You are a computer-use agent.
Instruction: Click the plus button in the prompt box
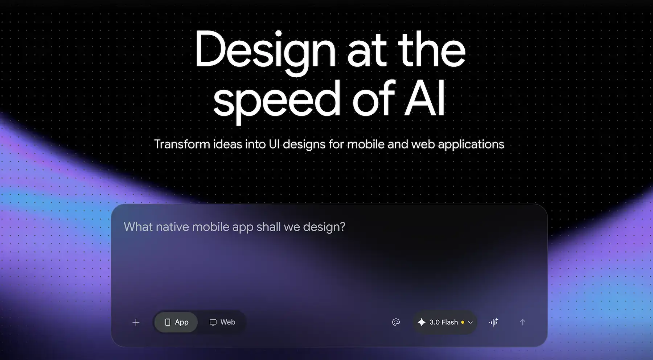pos(136,322)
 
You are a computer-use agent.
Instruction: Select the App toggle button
pos(176,322)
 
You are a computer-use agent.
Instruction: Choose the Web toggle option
pos(222,322)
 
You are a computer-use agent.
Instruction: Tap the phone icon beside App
pos(168,322)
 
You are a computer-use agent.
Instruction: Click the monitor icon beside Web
pos(213,322)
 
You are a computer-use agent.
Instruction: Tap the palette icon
pos(396,322)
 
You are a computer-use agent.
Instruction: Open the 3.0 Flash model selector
pos(445,322)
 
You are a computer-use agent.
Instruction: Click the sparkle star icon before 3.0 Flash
pos(422,322)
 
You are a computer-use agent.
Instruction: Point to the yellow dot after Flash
pos(463,322)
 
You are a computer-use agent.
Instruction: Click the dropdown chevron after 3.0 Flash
pos(471,322)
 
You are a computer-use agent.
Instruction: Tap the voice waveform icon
pos(494,322)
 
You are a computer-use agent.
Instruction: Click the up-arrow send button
pos(522,322)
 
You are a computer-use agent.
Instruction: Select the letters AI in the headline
pos(424,99)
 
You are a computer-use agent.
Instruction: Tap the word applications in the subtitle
pos(471,144)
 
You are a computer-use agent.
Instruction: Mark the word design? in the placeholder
pos(324,227)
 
